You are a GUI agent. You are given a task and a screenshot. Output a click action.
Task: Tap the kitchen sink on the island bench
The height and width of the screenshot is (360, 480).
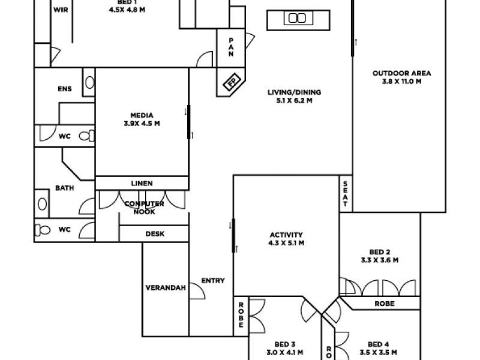(x=297, y=18)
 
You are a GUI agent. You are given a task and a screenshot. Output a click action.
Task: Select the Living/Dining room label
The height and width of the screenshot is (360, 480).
(x=294, y=96)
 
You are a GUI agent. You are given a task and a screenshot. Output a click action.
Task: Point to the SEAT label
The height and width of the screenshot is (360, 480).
(x=346, y=193)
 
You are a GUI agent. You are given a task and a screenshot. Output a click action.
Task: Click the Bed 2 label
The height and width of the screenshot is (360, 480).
(x=380, y=256)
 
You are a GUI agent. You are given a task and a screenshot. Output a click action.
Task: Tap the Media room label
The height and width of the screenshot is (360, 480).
(x=142, y=119)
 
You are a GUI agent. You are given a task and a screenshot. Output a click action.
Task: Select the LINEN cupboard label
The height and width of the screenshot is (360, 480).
(x=142, y=183)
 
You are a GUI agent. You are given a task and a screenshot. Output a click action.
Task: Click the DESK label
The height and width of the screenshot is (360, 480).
(x=155, y=234)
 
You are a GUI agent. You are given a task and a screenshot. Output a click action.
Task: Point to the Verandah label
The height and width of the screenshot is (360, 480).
(x=164, y=287)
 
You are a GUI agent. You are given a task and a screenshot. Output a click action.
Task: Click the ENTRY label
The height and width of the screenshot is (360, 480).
(x=212, y=280)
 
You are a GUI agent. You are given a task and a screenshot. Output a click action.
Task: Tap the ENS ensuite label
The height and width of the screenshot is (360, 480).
(x=64, y=89)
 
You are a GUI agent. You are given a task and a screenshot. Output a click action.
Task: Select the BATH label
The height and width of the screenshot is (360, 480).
(x=65, y=188)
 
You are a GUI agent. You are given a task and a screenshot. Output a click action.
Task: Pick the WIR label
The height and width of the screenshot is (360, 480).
(x=61, y=10)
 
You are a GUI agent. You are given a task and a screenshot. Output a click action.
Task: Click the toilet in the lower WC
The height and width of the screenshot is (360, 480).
(x=43, y=229)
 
